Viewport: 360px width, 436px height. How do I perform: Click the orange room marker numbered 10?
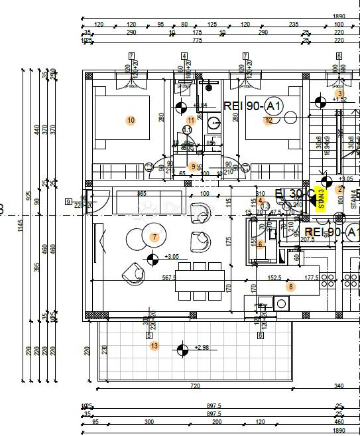pyautogui.click(x=131, y=120)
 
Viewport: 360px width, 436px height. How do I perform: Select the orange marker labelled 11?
pyautogui.click(x=191, y=120)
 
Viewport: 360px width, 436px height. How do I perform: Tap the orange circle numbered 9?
pyautogui.click(x=193, y=167)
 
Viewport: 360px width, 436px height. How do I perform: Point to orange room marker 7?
pyautogui.click(x=154, y=237)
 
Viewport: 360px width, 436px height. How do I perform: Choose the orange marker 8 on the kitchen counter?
pyautogui.click(x=290, y=287)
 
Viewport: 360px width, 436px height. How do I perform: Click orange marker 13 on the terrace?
pyautogui.click(x=154, y=346)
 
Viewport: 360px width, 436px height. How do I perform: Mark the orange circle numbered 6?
pyautogui.click(x=260, y=244)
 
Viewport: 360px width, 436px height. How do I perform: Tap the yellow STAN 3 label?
pyautogui.click(x=322, y=198)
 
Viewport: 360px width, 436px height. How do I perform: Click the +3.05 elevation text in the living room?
pyautogui.click(x=171, y=257)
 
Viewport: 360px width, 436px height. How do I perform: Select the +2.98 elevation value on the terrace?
pyautogui.click(x=202, y=348)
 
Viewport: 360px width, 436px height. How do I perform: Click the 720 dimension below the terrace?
pyautogui.click(x=195, y=386)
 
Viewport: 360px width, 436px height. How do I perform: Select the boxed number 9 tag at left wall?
pyautogui.click(x=68, y=202)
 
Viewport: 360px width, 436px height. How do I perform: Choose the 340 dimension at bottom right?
pyautogui.click(x=339, y=386)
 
